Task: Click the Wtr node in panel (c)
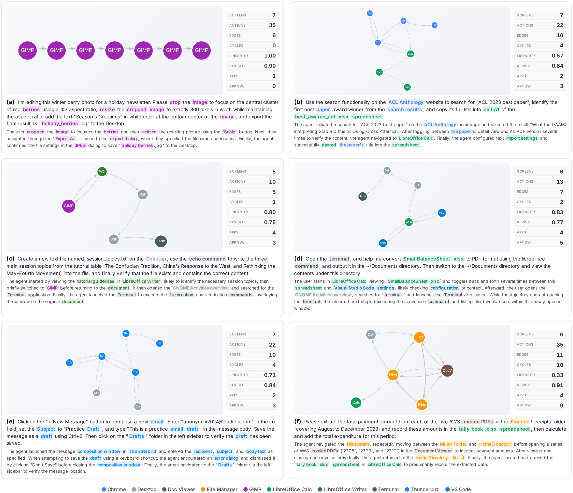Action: [x=102, y=171]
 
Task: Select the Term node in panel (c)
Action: [x=161, y=241]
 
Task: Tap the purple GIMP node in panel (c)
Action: [x=69, y=206]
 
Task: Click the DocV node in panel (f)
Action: [x=447, y=370]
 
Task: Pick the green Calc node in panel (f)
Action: [x=356, y=402]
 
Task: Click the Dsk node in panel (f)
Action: [x=371, y=334]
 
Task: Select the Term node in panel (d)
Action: [x=363, y=196]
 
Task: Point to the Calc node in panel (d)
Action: [x=409, y=222]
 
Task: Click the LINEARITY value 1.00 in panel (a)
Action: [x=270, y=56]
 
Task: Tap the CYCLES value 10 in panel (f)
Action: [x=560, y=365]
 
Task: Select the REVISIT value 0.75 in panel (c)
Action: [x=270, y=222]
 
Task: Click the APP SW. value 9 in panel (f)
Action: [x=561, y=405]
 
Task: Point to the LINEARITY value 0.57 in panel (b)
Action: [x=557, y=56]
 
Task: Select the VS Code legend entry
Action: [x=458, y=489]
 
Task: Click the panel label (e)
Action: [x=10, y=421]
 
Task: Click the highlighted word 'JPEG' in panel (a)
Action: [x=80, y=145]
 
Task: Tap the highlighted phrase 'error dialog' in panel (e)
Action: [x=226, y=458]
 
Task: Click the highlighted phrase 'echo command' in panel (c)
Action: [x=207, y=259]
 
